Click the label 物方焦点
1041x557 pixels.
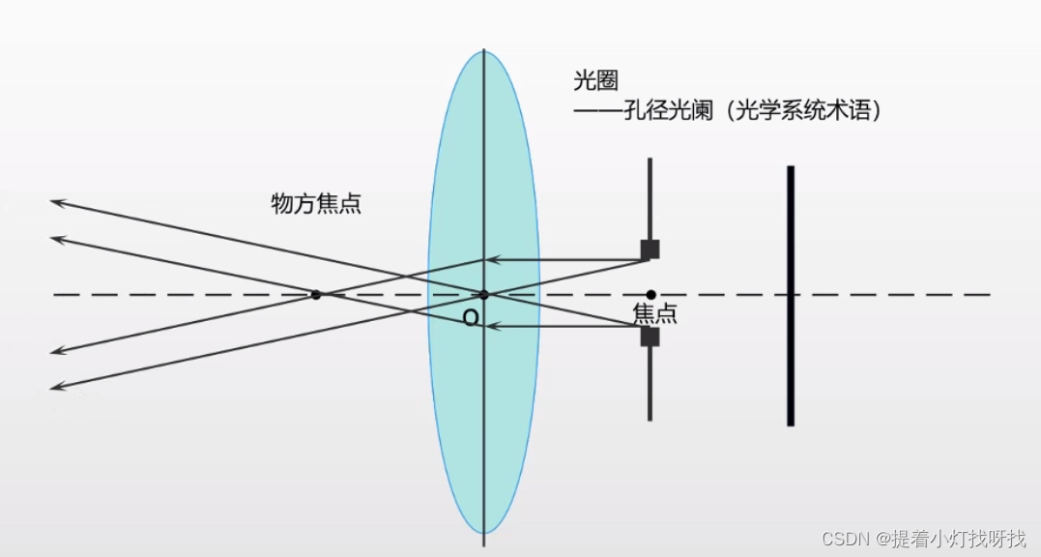(x=316, y=204)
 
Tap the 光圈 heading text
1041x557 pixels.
(x=594, y=80)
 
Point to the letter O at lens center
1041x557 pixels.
(x=471, y=318)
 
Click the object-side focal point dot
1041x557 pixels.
(x=316, y=294)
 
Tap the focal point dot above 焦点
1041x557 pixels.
(x=651, y=294)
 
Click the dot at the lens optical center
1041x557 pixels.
(x=484, y=294)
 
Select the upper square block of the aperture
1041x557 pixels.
(x=650, y=249)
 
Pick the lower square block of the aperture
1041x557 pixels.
(x=650, y=337)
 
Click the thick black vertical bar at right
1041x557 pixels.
(x=791, y=295)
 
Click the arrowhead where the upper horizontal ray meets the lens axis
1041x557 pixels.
(x=490, y=259)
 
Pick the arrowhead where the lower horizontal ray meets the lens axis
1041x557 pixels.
(x=490, y=327)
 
